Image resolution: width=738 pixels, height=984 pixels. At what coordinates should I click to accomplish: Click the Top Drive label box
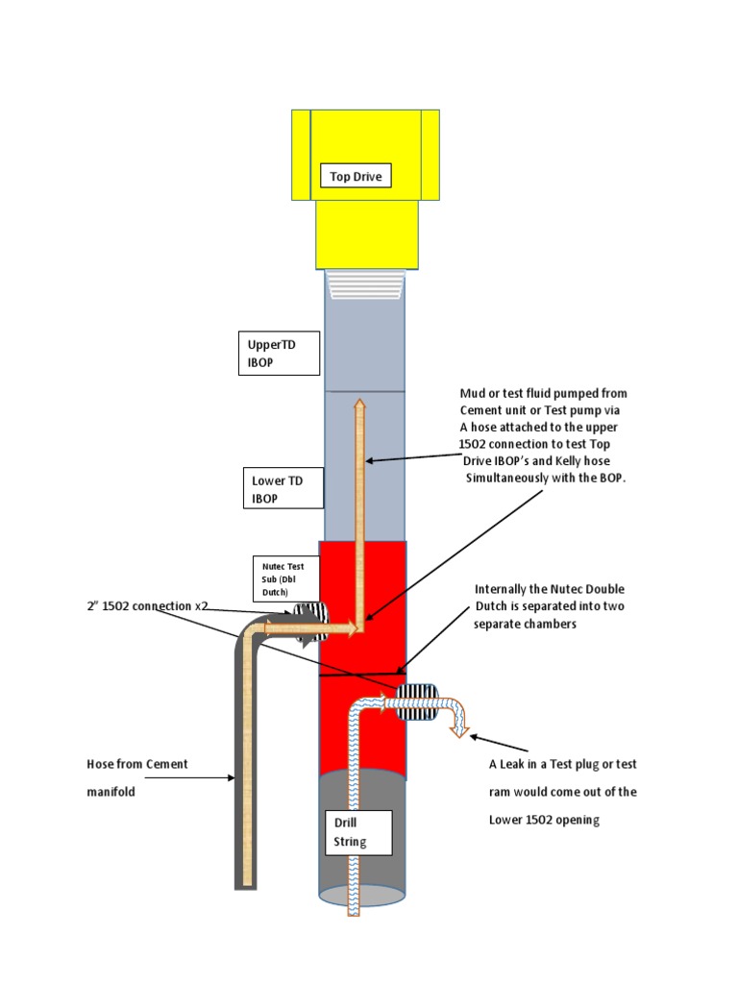click(x=356, y=176)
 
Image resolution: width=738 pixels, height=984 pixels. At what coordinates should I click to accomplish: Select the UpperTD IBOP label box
click(x=278, y=353)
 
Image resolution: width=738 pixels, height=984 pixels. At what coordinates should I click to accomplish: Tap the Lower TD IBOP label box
click(x=278, y=489)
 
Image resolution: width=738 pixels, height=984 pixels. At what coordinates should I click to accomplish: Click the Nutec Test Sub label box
click(x=280, y=578)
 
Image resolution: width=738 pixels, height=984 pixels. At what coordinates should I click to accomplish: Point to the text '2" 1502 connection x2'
click(x=144, y=606)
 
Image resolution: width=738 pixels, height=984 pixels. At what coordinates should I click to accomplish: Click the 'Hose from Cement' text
click(x=137, y=764)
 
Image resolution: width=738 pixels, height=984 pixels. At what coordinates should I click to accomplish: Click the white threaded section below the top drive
click(x=366, y=283)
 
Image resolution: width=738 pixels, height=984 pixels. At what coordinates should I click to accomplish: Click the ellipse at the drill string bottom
click(x=361, y=896)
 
